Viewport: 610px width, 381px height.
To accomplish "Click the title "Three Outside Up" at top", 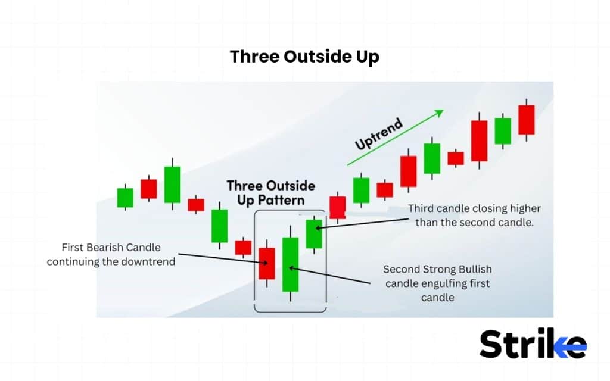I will click(304, 57).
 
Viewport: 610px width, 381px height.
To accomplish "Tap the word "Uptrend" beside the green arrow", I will click(379, 135).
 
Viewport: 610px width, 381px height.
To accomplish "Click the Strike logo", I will click(533, 344).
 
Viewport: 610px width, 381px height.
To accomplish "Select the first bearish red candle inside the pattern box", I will click(266, 263).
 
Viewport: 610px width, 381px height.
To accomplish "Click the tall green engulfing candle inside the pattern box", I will click(290, 264).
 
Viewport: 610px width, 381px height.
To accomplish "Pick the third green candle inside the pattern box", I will click(314, 234).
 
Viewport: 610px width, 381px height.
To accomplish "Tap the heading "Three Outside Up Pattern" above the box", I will click(271, 193).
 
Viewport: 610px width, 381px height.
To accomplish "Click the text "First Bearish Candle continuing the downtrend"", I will click(111, 254).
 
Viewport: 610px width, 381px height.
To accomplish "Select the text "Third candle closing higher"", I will click(474, 209).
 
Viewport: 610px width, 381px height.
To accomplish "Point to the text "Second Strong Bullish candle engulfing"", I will click(437, 276).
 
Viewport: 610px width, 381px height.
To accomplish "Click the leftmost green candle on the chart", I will click(125, 198).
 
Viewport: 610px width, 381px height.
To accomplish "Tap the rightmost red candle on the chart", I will click(527, 120).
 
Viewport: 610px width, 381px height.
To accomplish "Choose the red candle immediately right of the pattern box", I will click(338, 207).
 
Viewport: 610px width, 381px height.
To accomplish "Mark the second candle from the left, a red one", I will click(148, 189).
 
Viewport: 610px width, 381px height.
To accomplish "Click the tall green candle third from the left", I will click(172, 185).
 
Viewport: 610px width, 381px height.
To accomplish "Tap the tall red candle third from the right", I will click(479, 140).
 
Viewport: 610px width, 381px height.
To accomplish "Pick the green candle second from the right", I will click(503, 131).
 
